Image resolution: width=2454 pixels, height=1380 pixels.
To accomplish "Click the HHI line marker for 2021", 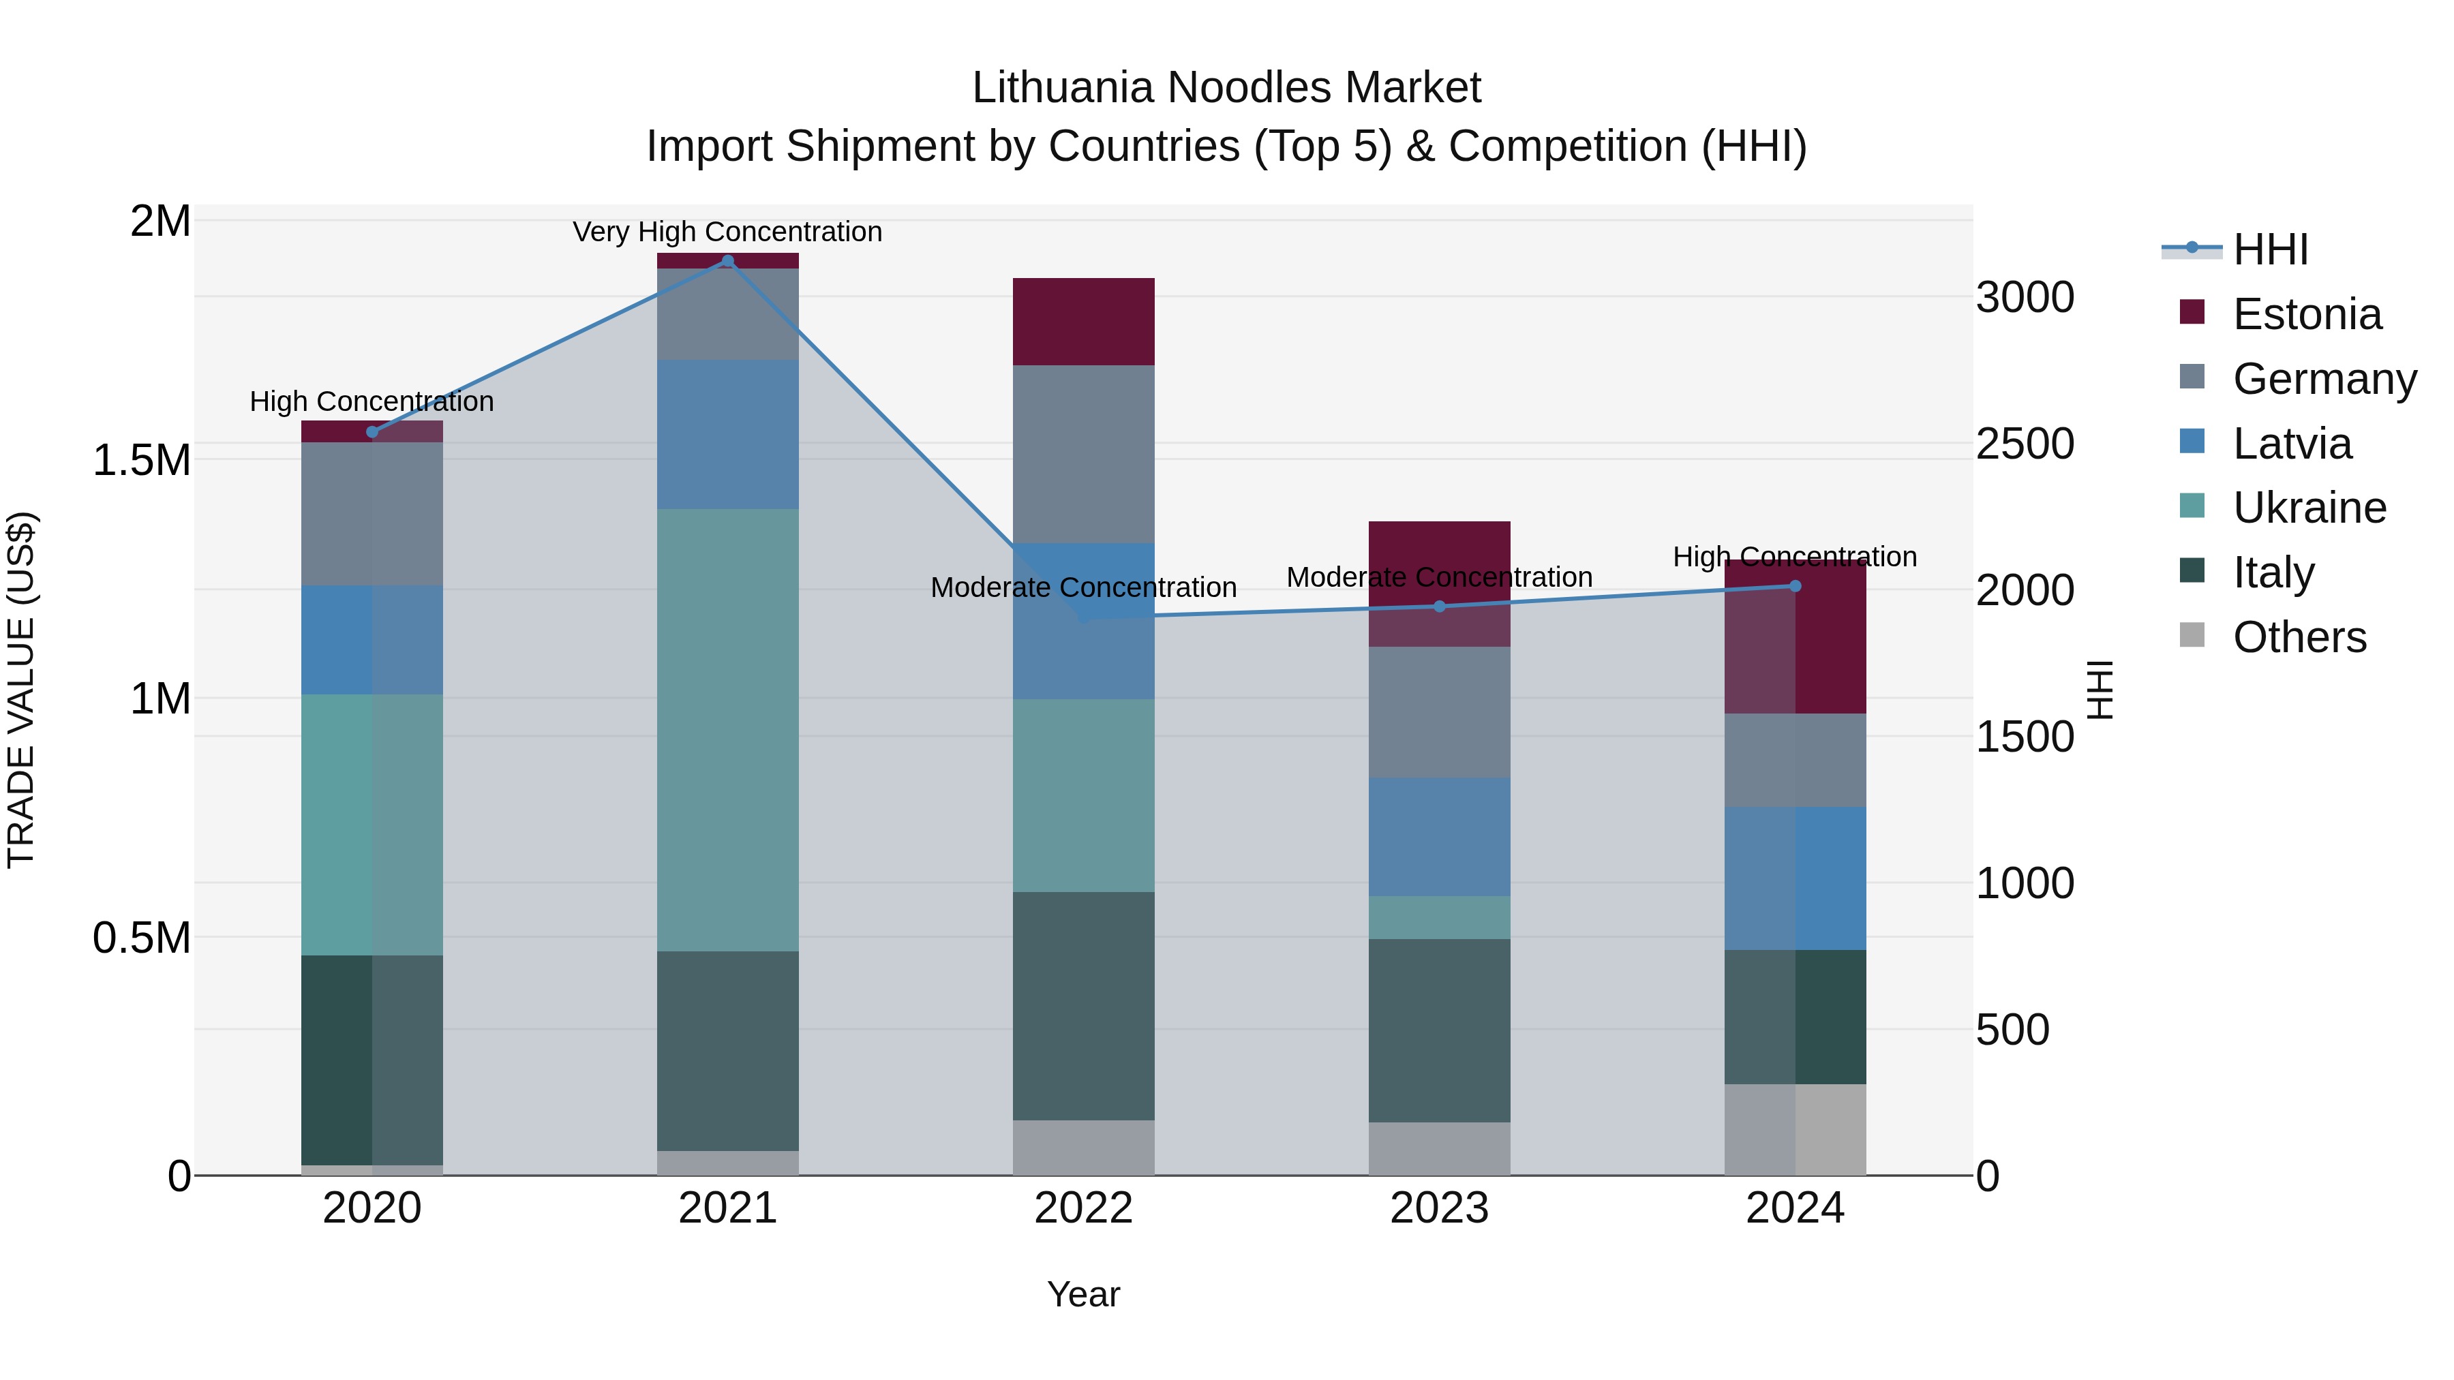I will click(728, 261).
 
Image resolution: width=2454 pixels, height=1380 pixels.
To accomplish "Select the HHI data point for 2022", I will click(1084, 617).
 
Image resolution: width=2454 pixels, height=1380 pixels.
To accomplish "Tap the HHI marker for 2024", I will click(1796, 585).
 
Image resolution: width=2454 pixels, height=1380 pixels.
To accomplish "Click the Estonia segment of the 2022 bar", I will click(1084, 322).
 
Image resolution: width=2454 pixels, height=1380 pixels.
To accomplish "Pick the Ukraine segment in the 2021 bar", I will click(728, 729).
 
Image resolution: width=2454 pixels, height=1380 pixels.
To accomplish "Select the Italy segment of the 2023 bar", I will click(1440, 1030).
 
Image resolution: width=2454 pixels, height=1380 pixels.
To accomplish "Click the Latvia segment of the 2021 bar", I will click(728, 434).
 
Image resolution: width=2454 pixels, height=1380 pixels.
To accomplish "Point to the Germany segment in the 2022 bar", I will click(1084, 455).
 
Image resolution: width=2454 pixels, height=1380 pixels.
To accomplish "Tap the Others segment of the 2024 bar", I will click(1796, 1129).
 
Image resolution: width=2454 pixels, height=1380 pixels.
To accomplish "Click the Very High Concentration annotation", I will click(728, 232).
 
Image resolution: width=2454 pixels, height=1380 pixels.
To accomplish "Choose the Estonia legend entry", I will click(2306, 314).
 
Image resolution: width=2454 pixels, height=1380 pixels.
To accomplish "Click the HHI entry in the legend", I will click(2270, 249).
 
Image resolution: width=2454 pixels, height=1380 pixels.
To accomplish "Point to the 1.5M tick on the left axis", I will click(142, 460).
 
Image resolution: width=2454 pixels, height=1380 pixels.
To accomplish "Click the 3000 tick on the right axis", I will click(2025, 297).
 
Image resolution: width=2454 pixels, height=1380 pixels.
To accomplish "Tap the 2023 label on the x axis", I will click(1440, 1208).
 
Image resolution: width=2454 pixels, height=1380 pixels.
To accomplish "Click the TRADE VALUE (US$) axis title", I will click(21, 690).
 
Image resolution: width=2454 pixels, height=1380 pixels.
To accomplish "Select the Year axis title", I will click(1084, 1294).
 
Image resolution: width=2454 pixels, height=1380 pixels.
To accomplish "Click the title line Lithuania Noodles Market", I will click(1226, 88).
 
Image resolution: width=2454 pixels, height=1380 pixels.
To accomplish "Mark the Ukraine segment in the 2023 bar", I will click(1440, 917).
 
